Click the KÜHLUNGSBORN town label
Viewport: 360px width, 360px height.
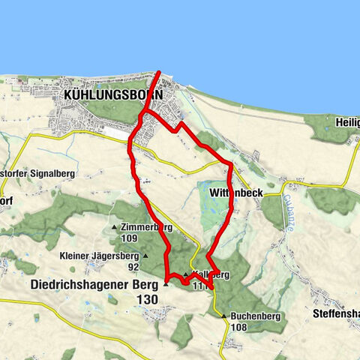click(114, 95)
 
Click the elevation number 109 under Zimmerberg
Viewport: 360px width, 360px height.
click(129, 238)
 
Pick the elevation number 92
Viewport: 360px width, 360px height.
click(133, 266)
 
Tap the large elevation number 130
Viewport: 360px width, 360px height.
click(148, 299)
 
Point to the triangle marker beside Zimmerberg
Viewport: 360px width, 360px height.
click(114, 226)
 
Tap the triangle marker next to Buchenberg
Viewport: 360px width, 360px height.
click(224, 316)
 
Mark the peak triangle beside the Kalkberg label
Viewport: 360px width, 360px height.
click(185, 274)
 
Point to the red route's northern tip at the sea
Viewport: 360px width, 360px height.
click(159, 73)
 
